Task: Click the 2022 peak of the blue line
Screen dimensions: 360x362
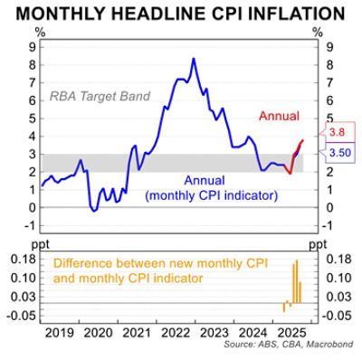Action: (193, 60)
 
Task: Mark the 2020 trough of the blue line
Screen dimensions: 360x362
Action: (93, 211)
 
